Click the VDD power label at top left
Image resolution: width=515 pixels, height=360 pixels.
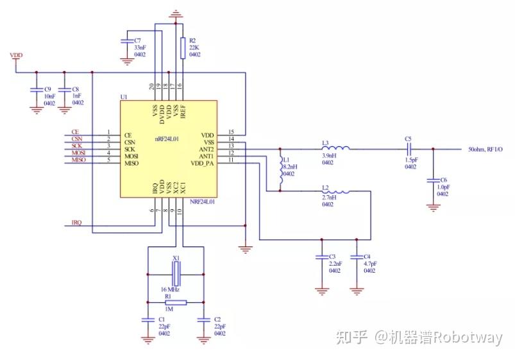tap(16, 56)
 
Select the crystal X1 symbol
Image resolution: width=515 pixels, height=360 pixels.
tap(176, 274)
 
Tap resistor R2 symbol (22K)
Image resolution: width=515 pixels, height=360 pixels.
tap(183, 48)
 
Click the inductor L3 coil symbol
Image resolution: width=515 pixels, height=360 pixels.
tap(336, 150)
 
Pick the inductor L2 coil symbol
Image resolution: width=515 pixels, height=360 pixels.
tap(336, 191)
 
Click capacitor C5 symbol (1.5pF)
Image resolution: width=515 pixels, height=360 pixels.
tap(408, 150)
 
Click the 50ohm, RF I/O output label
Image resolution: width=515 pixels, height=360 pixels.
tap(485, 150)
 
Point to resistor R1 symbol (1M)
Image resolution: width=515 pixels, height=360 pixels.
tap(176, 302)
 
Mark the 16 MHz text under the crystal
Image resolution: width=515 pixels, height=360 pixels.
tap(170, 289)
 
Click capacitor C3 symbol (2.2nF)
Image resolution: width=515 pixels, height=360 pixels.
tap(321, 256)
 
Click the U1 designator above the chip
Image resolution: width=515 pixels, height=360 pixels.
tap(124, 97)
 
